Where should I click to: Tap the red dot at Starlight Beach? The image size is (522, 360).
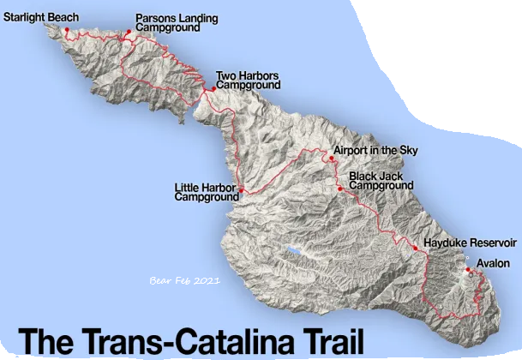pos(66,30)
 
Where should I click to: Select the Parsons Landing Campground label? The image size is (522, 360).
pos(177,22)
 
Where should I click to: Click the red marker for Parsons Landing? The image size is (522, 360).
pos(129,33)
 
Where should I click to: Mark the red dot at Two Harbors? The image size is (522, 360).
pos(213,88)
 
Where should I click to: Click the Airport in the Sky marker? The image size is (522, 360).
pos(331,158)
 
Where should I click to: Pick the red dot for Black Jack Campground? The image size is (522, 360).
pos(340,189)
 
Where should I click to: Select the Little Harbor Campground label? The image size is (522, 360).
pos(206,191)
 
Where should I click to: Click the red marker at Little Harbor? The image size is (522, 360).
pos(242,189)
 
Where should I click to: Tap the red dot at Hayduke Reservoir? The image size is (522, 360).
pos(416,249)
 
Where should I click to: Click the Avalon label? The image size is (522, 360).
pos(494,263)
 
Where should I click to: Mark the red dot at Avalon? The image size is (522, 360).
pos(469,272)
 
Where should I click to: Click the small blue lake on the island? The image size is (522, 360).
pos(294,253)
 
